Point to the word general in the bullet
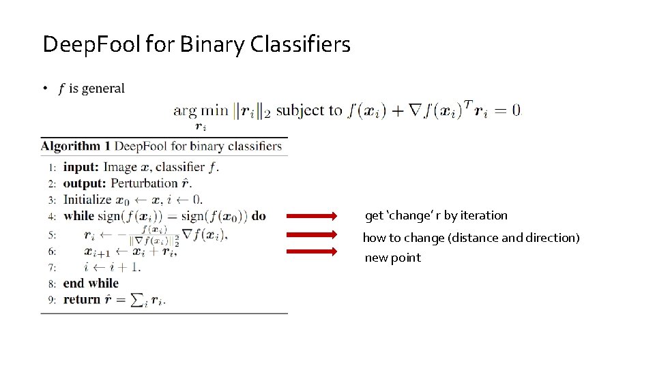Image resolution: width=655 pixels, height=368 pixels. pyautogui.click(x=103, y=88)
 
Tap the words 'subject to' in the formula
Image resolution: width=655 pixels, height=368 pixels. pyautogui.click(x=309, y=110)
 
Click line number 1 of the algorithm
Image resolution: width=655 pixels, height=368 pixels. pyautogui.click(x=52, y=167)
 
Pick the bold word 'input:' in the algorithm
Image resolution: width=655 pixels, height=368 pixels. pyautogui.click(x=82, y=167)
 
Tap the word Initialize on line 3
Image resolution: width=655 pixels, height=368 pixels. pyautogui.click(x=87, y=200)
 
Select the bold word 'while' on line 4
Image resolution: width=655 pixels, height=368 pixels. pyautogui.click(x=79, y=216)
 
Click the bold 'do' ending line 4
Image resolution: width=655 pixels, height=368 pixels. pyautogui.click(x=259, y=216)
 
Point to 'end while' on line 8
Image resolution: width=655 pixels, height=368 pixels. pyautogui.click(x=91, y=283)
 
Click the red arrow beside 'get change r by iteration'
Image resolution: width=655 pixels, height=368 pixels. pyautogui.click(x=311, y=216)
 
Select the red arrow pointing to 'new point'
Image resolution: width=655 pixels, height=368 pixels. pyautogui.click(x=311, y=251)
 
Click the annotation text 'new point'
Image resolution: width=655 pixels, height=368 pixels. pyautogui.click(x=393, y=258)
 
